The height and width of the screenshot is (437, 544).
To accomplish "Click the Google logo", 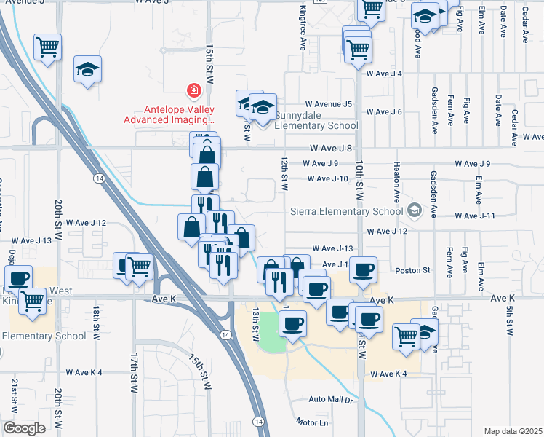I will point(24,428).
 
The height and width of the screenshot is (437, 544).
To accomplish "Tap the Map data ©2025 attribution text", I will point(513,431).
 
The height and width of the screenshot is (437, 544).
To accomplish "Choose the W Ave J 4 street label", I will point(384,74).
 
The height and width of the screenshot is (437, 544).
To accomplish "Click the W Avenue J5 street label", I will point(328,104).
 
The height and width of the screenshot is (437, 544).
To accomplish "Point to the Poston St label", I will point(413,270).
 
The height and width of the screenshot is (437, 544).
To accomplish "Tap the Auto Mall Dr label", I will point(330,400).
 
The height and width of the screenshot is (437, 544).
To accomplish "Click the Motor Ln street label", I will point(313,422).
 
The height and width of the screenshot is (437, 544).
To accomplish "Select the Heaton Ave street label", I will point(397,182).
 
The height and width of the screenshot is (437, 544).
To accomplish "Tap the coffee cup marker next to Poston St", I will point(363,269).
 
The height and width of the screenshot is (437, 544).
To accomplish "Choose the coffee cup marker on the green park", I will point(292,323).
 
